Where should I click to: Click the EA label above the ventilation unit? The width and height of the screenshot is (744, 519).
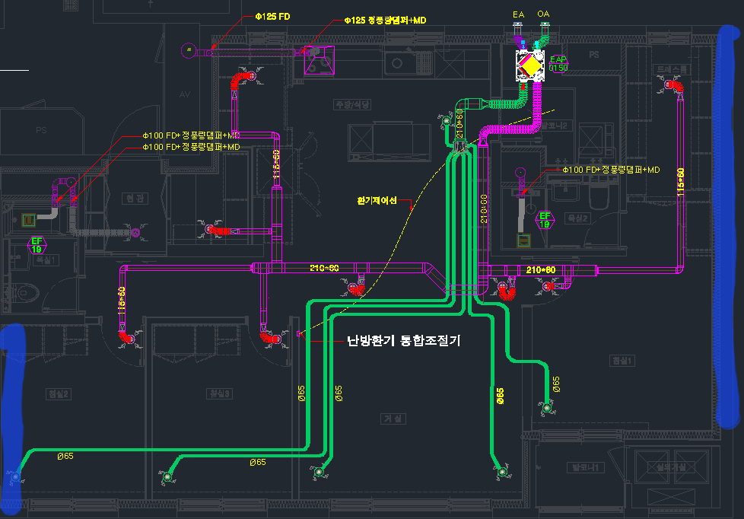click(x=519, y=14)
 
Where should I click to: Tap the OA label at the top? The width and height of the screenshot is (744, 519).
click(x=543, y=14)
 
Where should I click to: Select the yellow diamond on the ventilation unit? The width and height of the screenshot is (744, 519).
click(x=529, y=67)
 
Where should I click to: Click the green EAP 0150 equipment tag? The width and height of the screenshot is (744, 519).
click(x=559, y=63)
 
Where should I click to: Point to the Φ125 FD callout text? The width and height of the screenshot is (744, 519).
click(x=272, y=16)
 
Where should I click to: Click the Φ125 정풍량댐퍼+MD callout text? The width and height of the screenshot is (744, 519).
click(x=384, y=21)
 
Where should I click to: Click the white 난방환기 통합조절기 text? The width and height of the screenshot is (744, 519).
click(x=403, y=341)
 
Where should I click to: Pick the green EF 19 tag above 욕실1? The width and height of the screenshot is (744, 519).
click(x=36, y=244)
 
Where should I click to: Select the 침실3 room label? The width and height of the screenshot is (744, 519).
click(x=219, y=393)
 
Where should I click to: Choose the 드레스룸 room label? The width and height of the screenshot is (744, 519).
click(x=672, y=69)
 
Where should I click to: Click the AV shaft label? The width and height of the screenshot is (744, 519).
click(x=183, y=95)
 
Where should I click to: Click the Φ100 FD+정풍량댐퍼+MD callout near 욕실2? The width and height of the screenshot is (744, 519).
click(x=611, y=170)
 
